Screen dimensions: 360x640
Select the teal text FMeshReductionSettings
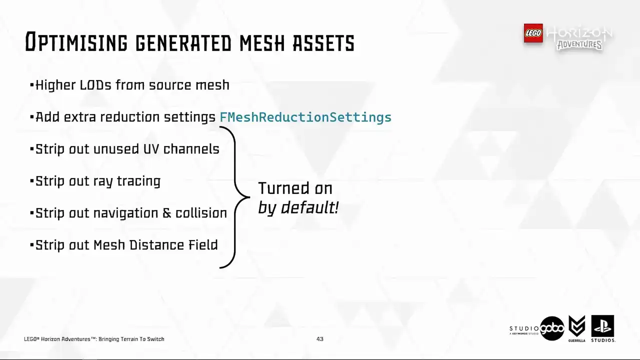tap(305, 117)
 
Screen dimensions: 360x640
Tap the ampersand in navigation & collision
tap(167, 213)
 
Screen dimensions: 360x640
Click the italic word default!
tap(310, 207)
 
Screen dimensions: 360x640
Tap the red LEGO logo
tap(533, 33)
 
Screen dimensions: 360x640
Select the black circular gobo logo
tap(552, 328)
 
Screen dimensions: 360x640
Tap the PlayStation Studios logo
tap(602, 327)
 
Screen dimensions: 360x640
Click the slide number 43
tap(320, 339)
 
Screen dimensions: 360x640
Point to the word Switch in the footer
tap(155, 339)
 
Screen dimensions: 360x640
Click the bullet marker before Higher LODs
tap(32, 85)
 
